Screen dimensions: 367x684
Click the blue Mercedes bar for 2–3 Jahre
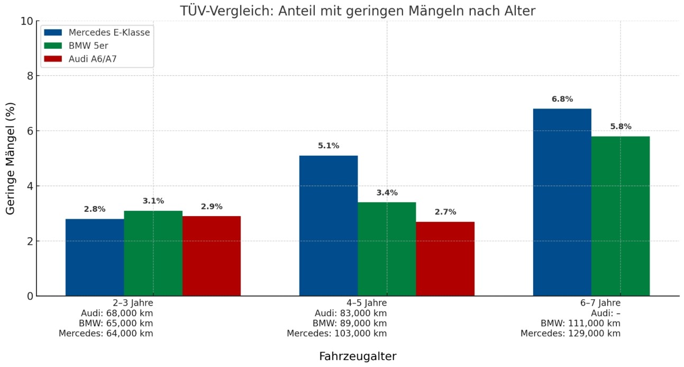click(x=95, y=257)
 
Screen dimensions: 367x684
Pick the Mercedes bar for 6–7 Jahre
click(x=562, y=202)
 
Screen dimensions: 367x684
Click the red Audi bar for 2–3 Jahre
click(x=212, y=256)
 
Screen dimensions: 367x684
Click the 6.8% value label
click(x=562, y=99)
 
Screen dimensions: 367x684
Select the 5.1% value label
click(x=329, y=146)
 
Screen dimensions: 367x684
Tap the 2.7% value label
click(x=445, y=212)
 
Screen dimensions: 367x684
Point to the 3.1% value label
click(x=153, y=201)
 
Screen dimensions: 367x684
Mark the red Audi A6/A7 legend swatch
click(x=53, y=59)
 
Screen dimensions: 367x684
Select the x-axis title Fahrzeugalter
click(x=358, y=356)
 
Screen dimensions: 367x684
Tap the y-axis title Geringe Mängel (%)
click(x=11, y=158)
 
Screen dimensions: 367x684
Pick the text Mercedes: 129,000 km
click(x=570, y=333)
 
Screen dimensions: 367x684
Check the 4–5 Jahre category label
click(x=357, y=303)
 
